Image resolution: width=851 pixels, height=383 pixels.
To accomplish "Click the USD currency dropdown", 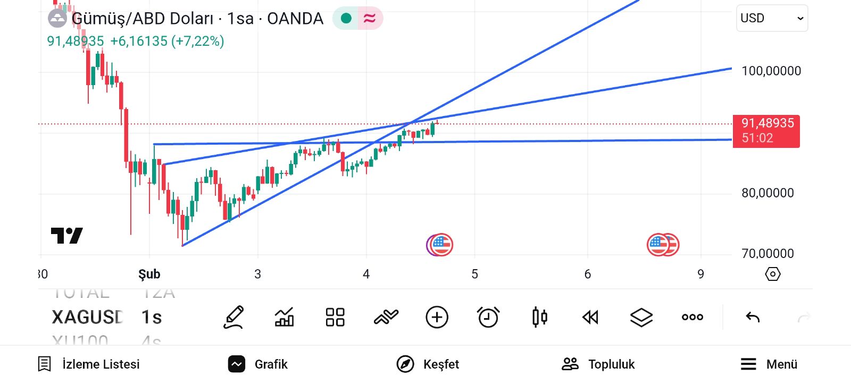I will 771,18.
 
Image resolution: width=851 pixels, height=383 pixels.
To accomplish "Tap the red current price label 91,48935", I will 766,130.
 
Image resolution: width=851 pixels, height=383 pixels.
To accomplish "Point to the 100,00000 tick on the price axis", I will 771,71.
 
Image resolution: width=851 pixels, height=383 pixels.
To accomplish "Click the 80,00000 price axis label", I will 767,193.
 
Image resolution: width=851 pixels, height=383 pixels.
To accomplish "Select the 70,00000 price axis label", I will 767,253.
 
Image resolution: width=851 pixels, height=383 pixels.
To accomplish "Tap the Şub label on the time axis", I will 149,274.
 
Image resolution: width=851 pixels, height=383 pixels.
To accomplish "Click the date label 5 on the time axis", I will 474,274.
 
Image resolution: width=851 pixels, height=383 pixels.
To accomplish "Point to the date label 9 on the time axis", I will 700,274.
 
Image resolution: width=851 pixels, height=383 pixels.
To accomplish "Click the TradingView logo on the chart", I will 67,235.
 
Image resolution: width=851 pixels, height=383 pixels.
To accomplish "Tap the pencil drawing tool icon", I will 233,318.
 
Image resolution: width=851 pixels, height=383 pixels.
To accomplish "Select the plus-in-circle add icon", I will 437,318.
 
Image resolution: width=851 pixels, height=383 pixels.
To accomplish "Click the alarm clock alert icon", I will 488,318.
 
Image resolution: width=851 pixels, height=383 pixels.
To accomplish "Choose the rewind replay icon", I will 590,318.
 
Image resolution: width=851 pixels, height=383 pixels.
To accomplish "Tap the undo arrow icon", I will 753,318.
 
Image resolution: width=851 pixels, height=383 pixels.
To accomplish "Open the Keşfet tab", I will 428,364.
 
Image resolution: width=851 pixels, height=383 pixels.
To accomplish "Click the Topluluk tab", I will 598,364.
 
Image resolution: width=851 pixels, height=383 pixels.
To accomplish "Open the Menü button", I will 769,364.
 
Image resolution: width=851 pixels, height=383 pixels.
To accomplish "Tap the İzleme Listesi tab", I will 89,364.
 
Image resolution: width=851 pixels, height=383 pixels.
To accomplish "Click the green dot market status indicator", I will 346,19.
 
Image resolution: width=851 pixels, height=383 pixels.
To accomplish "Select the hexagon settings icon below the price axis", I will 772,274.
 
